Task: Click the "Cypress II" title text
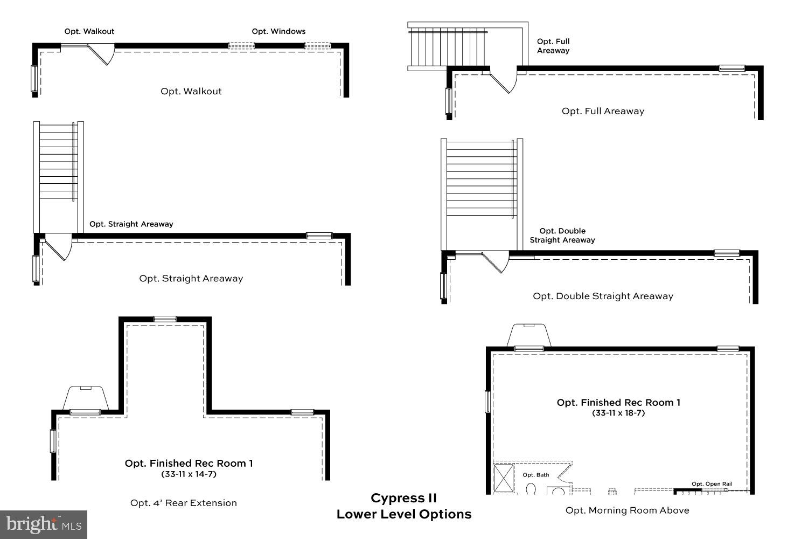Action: pos(403,498)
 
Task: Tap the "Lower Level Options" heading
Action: pos(404,514)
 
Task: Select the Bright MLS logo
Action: pos(44,524)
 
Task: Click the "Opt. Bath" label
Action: pos(536,475)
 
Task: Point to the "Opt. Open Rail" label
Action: pos(712,484)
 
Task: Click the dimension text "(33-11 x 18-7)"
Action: pos(618,413)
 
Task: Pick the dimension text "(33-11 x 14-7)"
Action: pos(189,474)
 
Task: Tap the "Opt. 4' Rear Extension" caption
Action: pos(184,503)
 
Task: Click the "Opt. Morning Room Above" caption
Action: pos(627,510)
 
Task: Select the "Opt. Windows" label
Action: pos(278,31)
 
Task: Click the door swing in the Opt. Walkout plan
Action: pos(102,54)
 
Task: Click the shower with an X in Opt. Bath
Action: pos(504,478)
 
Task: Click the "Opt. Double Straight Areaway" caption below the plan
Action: pos(603,296)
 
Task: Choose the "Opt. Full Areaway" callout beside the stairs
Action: pos(553,46)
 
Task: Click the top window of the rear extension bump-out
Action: pos(165,319)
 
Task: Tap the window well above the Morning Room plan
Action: pos(528,335)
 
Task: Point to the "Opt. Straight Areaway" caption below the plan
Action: pos(191,279)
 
